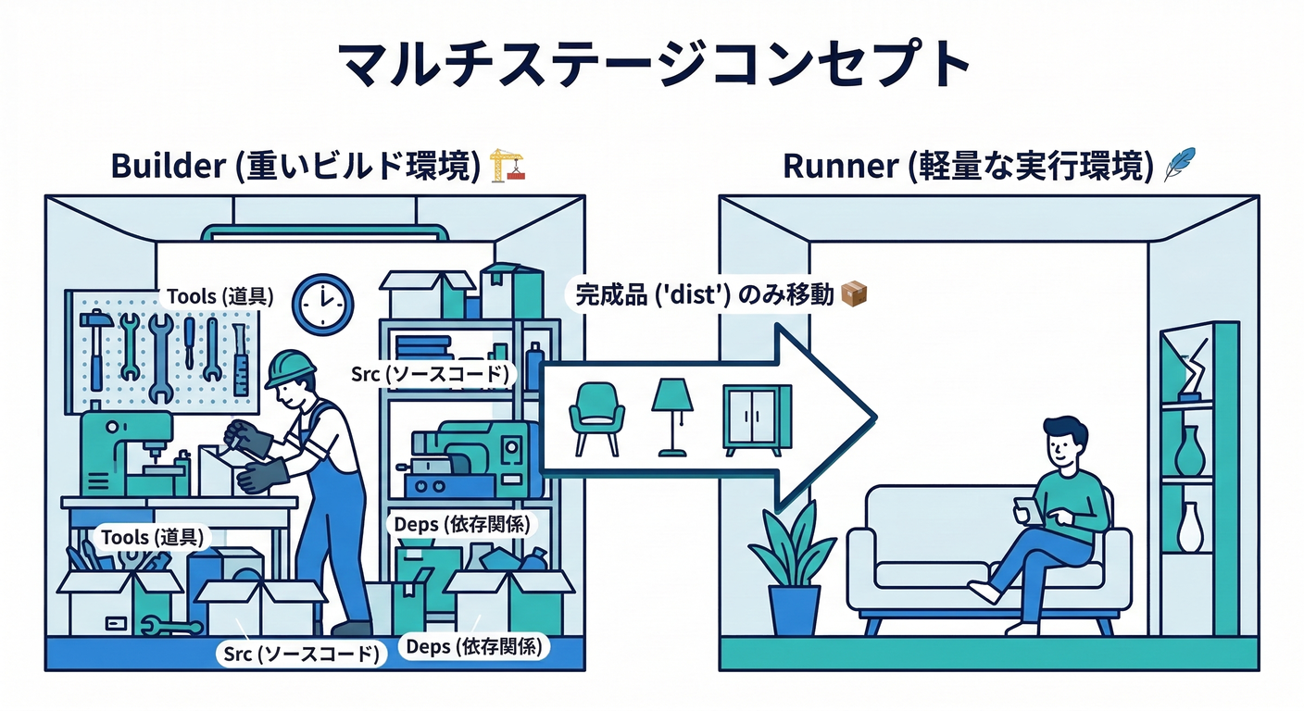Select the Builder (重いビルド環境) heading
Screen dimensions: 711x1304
pyautogui.click(x=296, y=166)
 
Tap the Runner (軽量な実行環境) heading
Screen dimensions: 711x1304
pyautogui.click(x=968, y=166)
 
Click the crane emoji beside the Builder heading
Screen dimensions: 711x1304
pyautogui.click(x=507, y=165)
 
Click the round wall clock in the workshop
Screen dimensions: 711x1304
pyautogui.click(x=322, y=305)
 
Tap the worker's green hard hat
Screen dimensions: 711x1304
pyautogui.click(x=289, y=368)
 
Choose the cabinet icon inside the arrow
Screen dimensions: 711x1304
pyautogui.click(x=757, y=419)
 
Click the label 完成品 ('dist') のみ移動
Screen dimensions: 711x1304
pyautogui.click(x=704, y=295)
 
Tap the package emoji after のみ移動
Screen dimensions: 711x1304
pyautogui.click(x=853, y=295)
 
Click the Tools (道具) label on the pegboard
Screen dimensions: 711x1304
pyautogui.click(x=219, y=296)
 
